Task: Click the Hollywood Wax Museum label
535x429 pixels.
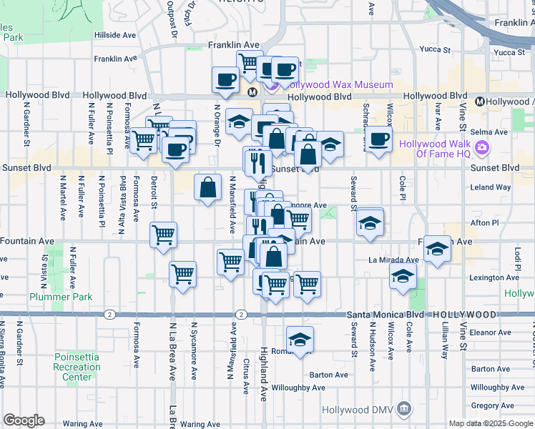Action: click(340, 84)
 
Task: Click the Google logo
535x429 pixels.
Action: click(24, 421)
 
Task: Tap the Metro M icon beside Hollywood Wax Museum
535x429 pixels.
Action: click(252, 92)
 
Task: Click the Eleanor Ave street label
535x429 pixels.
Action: click(490, 332)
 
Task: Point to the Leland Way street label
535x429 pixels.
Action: click(491, 187)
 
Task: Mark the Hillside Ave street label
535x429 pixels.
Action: click(114, 34)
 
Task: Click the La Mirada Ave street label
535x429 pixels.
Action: click(393, 260)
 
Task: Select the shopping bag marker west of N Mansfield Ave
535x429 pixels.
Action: click(207, 187)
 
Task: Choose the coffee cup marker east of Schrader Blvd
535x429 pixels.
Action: click(378, 138)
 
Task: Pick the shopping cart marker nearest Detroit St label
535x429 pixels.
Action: click(164, 235)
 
